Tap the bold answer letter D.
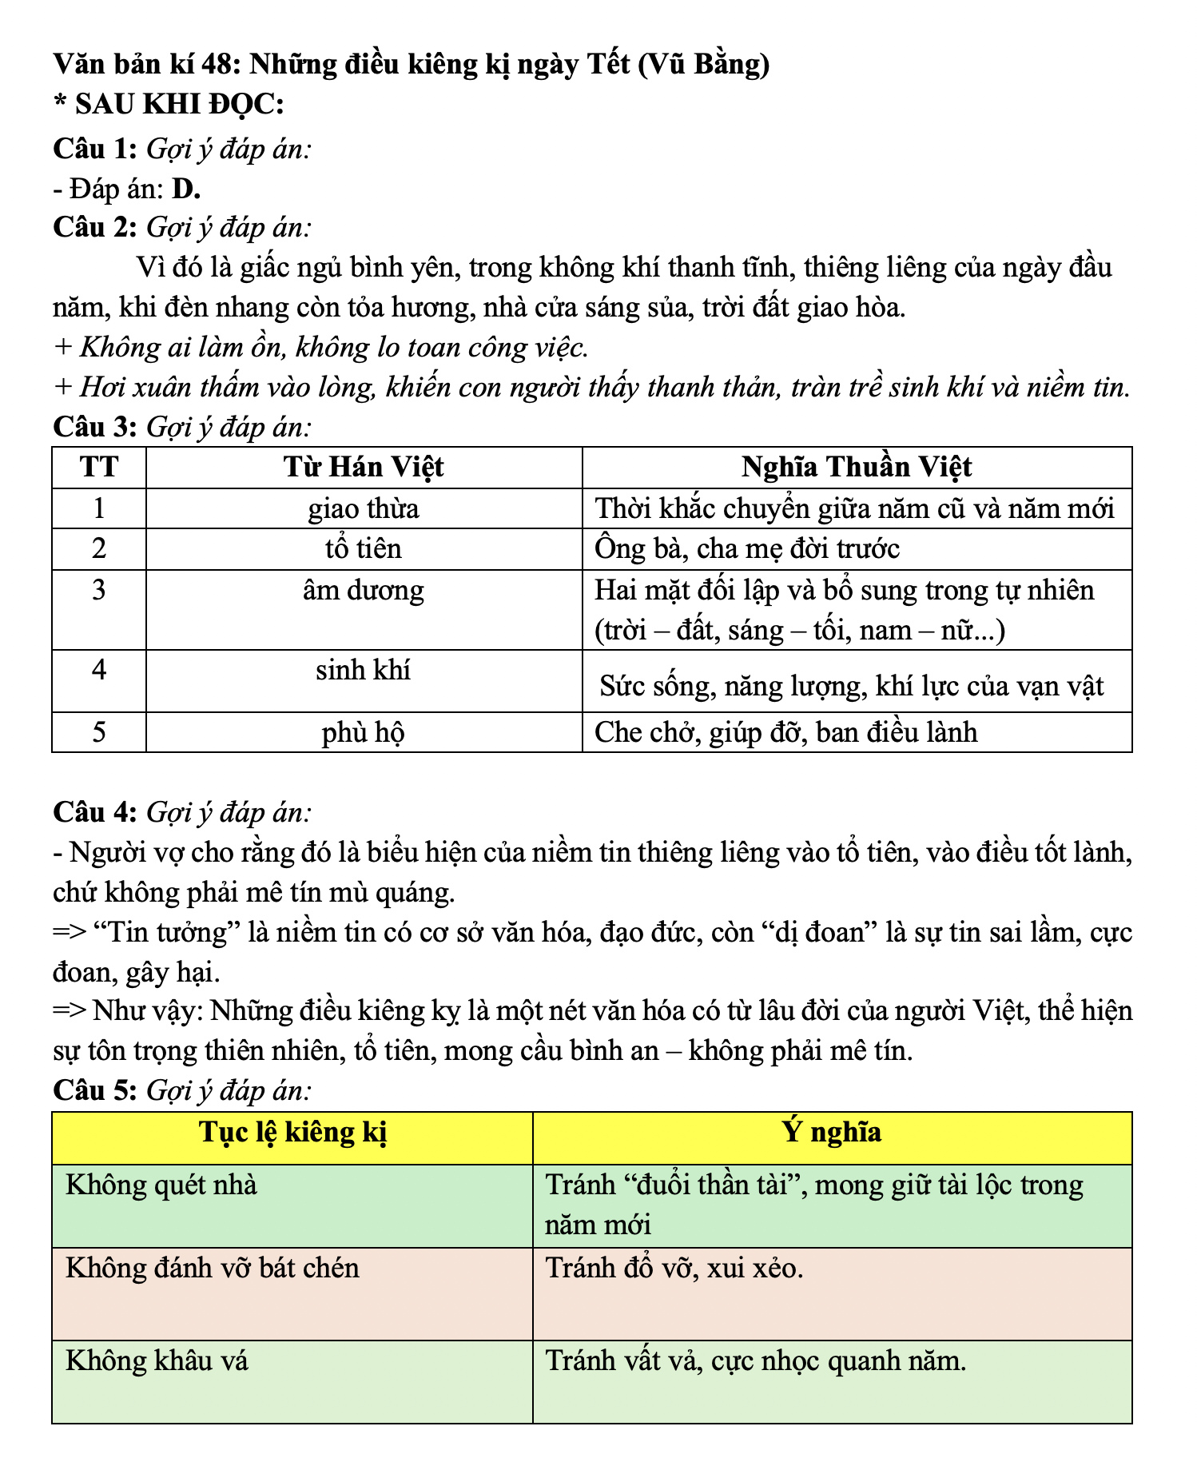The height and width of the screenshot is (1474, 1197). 185,189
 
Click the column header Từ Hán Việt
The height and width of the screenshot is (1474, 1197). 364,468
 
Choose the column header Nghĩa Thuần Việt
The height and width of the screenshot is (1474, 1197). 856,468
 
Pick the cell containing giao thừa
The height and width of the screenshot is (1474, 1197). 364,508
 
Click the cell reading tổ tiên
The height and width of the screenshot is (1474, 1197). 364,548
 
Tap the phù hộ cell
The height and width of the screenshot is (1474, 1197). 364,732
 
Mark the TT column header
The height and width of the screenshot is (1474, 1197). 98,468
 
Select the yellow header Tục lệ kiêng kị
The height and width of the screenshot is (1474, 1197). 292,1133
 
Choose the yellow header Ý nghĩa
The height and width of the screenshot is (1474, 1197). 832,1133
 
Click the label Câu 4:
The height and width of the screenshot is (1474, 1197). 95,812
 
